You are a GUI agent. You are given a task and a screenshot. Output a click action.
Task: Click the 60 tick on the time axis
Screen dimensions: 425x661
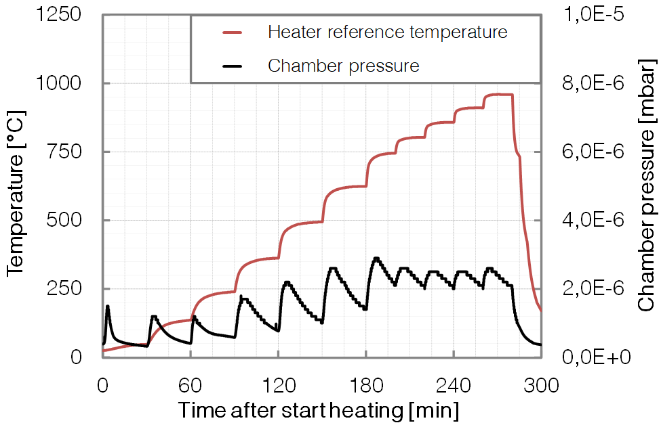point(191,386)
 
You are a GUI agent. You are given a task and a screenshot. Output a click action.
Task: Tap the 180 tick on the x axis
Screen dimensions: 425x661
point(366,386)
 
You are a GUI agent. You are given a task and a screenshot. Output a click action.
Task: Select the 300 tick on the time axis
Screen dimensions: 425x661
point(541,386)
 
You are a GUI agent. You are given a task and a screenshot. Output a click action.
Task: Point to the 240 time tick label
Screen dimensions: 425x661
point(454,386)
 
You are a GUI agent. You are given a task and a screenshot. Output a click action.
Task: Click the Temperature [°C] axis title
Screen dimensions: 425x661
point(16,186)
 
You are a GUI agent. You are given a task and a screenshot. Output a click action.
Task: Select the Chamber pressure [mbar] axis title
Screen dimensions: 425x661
point(646,186)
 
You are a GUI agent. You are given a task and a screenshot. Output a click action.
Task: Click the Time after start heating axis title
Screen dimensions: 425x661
point(318,410)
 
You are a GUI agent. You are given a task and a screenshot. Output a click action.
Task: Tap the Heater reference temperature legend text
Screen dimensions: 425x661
point(387,32)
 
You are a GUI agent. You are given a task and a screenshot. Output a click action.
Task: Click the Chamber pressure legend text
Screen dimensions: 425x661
point(344,66)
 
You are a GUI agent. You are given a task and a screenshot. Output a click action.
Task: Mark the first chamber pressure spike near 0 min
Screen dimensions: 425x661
point(108,307)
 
